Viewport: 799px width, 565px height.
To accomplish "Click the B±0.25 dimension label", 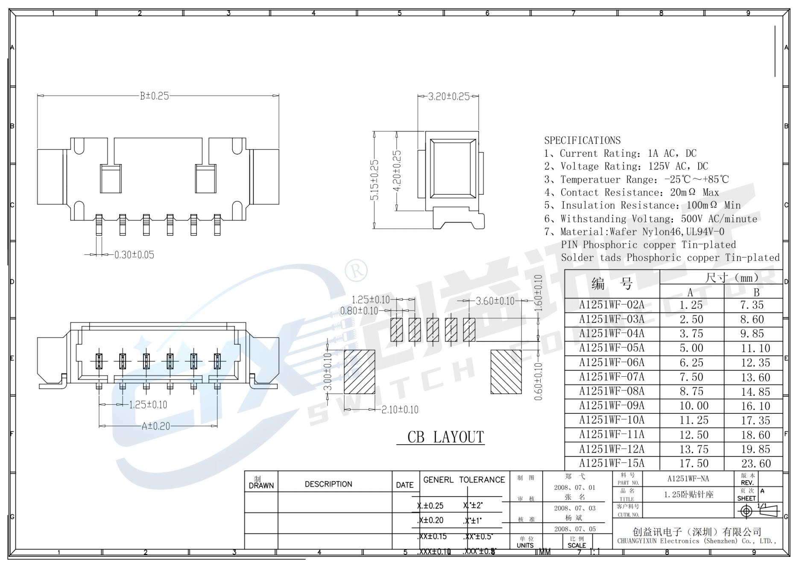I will pyautogui.click(x=154, y=96).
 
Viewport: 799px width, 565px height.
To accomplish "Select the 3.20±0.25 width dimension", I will pyautogui.click(x=448, y=96).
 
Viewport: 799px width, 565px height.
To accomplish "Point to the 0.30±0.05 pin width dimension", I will pyautogui.click(x=134, y=255).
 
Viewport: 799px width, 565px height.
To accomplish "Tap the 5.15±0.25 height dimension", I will pyautogui.click(x=375, y=180).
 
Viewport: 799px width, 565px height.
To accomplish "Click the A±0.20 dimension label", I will pyautogui.click(x=155, y=426).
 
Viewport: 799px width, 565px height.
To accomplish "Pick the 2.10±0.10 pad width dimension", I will pyautogui.click(x=400, y=410).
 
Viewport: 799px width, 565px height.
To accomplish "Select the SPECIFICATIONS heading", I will pyautogui.click(x=582, y=141).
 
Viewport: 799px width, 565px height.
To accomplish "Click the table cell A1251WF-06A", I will pyautogui.click(x=612, y=363).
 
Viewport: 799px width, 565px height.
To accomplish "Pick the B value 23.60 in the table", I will pyautogui.click(x=755, y=463).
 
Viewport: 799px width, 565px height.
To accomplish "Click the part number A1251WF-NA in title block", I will pyautogui.click(x=688, y=479).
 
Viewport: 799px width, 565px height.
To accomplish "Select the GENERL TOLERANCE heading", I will pyautogui.click(x=464, y=480).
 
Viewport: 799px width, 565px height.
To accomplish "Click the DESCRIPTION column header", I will pyautogui.click(x=328, y=484).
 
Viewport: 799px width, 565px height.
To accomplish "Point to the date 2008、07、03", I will pyautogui.click(x=574, y=508).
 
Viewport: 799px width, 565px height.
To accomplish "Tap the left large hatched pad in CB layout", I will pyautogui.click(x=359, y=372).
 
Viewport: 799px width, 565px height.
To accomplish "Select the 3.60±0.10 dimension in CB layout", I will pyautogui.click(x=495, y=301).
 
